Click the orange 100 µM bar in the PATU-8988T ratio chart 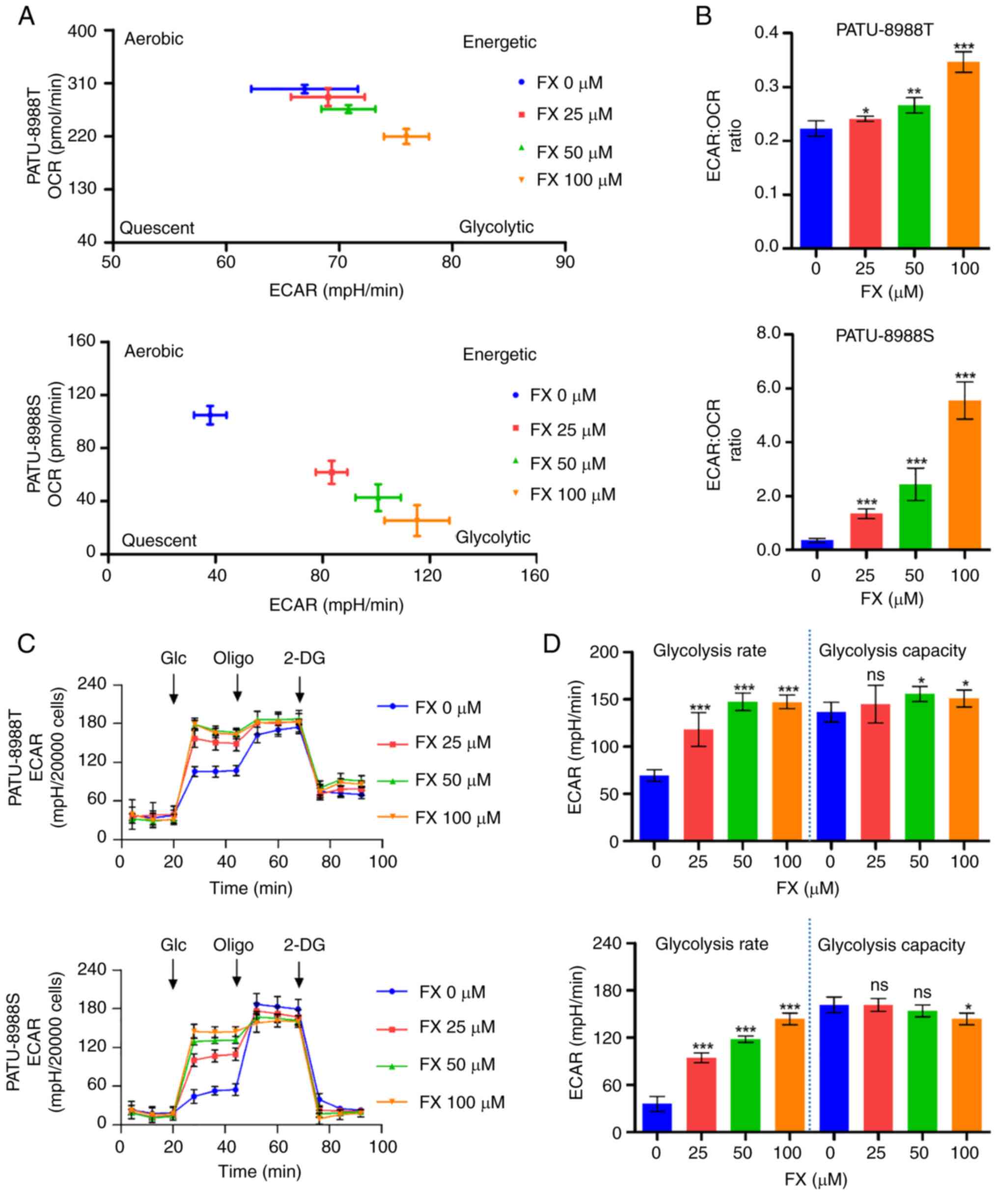click(963, 154)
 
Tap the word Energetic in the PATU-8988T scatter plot click(499, 42)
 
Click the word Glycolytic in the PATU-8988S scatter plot click(493, 537)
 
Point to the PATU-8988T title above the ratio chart click(884, 29)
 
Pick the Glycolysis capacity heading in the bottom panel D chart click(891, 945)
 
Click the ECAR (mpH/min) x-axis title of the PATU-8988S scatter click(336, 604)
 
